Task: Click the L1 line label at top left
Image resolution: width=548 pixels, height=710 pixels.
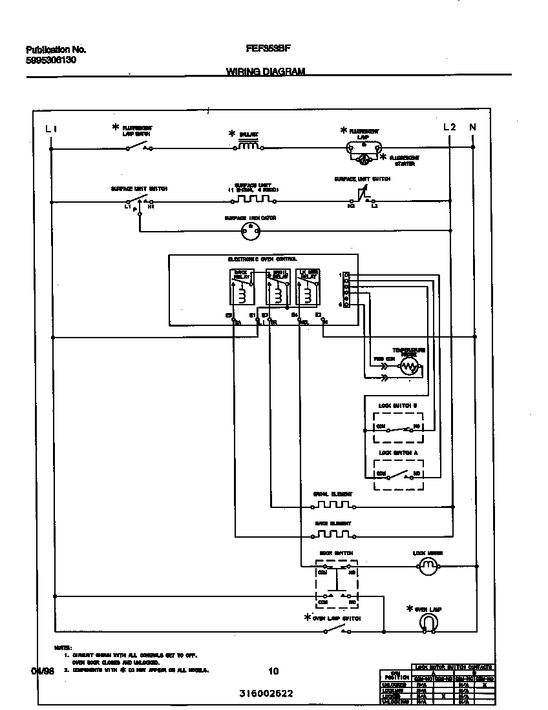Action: [52, 128]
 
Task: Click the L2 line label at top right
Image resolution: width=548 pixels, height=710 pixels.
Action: [449, 127]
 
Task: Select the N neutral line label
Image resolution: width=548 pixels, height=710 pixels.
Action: [472, 127]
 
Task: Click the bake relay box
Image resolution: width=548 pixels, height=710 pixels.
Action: [240, 287]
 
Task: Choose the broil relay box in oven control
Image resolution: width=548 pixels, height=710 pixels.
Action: [277, 287]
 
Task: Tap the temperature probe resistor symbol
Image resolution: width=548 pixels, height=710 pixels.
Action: [408, 367]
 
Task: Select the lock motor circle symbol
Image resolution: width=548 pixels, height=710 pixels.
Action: [427, 566]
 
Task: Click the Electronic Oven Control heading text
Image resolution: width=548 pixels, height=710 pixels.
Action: [262, 259]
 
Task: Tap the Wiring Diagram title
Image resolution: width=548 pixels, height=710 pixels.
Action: [266, 72]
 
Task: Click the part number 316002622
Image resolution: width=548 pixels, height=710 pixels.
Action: [266, 694]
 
